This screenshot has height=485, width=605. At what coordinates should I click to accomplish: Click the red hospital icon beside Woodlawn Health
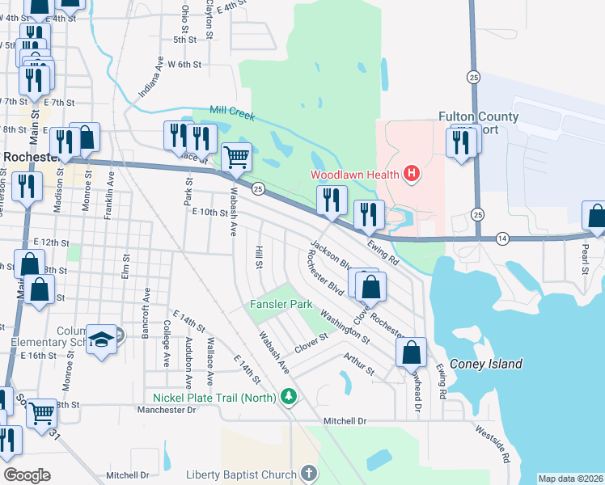(x=412, y=174)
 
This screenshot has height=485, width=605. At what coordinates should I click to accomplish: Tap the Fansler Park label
(x=279, y=305)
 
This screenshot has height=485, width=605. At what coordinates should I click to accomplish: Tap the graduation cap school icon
(x=103, y=339)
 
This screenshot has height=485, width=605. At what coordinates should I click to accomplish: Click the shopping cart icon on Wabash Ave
(x=236, y=156)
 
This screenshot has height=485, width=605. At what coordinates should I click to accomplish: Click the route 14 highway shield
(x=502, y=238)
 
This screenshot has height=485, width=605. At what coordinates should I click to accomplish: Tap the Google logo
(x=27, y=475)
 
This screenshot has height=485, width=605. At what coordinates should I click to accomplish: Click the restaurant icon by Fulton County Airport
(x=461, y=142)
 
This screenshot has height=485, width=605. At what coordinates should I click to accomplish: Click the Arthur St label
(x=358, y=363)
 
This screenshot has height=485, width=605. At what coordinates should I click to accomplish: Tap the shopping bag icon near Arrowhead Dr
(x=411, y=352)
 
